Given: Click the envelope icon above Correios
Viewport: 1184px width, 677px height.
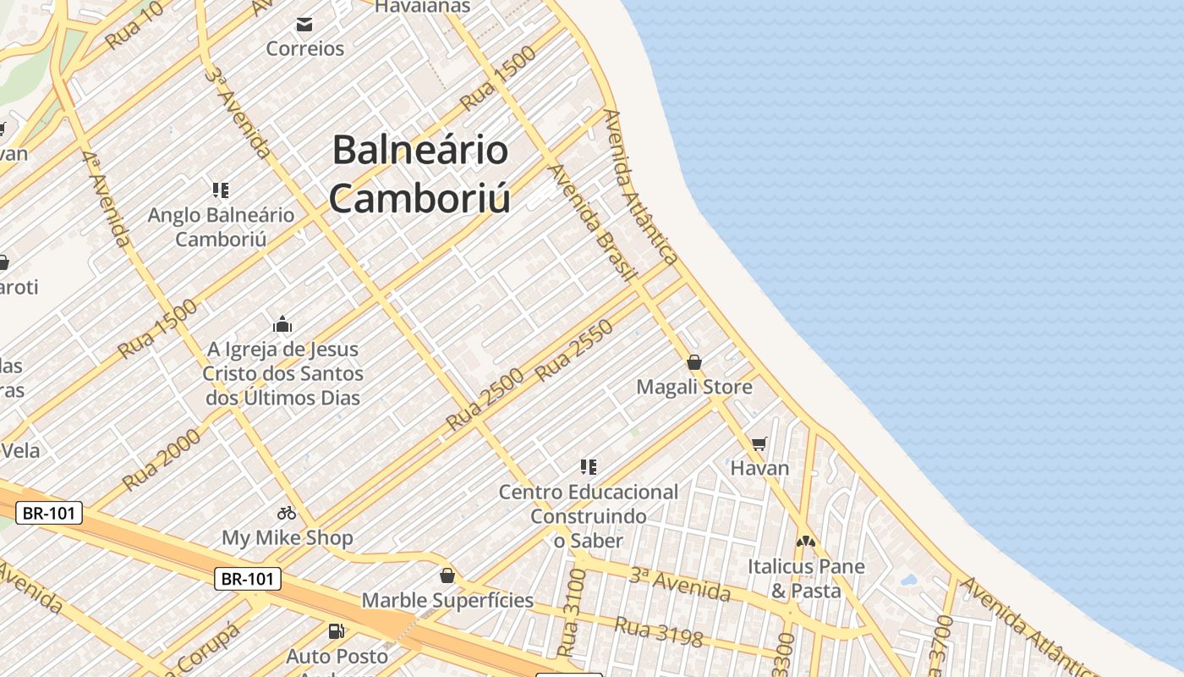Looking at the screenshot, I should pyautogui.click(x=304, y=25).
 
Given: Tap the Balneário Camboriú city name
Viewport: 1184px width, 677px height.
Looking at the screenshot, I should pyautogui.click(x=420, y=174).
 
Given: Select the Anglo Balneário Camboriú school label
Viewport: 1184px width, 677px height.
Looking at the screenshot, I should pyautogui.click(x=221, y=227).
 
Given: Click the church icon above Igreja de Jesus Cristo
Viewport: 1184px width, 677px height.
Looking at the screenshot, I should pyautogui.click(x=282, y=324).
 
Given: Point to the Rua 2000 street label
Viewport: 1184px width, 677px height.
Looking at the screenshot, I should pyautogui.click(x=162, y=460).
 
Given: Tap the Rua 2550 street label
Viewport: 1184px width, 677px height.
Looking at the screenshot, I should pyautogui.click(x=574, y=353).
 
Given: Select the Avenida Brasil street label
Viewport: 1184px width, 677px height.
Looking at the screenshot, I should pyautogui.click(x=592, y=222).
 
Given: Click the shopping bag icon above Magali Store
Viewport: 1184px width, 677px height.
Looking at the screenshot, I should pyautogui.click(x=694, y=362).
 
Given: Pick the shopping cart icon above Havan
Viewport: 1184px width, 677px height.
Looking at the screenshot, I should pyautogui.click(x=759, y=443).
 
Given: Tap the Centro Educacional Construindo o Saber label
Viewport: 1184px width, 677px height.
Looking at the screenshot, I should pyautogui.click(x=589, y=515).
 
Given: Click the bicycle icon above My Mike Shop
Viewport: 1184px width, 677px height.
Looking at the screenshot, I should pyautogui.click(x=287, y=513).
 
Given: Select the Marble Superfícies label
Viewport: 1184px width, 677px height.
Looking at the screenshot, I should pyautogui.click(x=447, y=601).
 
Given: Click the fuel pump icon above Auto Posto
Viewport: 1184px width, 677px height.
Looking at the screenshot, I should pyautogui.click(x=337, y=631).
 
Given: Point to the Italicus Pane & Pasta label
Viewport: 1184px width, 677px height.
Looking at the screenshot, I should pyautogui.click(x=806, y=578).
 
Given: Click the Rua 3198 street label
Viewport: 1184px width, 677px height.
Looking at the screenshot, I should pyautogui.click(x=658, y=632).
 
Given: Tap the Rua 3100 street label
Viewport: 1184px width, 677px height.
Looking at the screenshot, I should pyautogui.click(x=573, y=614).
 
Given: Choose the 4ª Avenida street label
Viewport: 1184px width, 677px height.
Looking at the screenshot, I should pyautogui.click(x=107, y=199).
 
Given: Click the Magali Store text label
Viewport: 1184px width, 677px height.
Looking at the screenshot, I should pyautogui.click(x=694, y=388).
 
